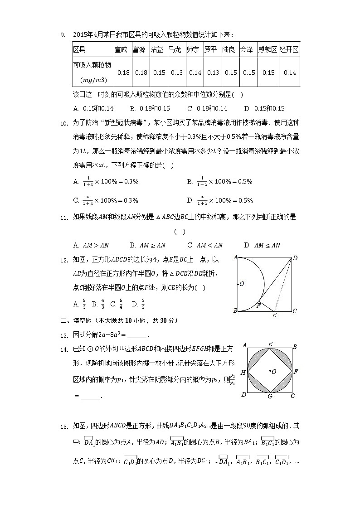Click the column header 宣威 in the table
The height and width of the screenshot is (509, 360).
121,49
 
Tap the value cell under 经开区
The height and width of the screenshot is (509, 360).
290,73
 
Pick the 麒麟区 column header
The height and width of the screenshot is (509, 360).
268,49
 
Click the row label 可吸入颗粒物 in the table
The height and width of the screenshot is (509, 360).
92,65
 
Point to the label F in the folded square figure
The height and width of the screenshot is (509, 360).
258,305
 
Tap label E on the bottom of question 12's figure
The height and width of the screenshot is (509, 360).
274,315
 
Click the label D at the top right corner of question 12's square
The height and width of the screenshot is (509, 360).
295,258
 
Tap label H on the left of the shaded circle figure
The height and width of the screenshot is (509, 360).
243,372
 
